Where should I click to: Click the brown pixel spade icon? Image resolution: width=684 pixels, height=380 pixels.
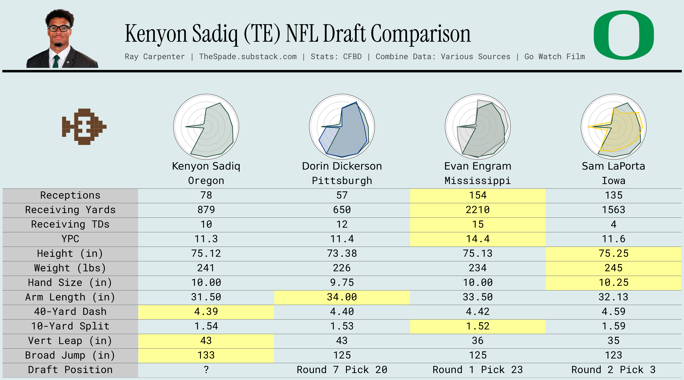[84, 127]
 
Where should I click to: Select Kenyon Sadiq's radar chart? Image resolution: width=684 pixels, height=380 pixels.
[206, 127]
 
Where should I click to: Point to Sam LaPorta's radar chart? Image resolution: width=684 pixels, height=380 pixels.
[613, 127]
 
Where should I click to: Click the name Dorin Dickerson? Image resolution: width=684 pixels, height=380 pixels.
[342, 166]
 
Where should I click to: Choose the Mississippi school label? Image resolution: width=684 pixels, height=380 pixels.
[477, 181]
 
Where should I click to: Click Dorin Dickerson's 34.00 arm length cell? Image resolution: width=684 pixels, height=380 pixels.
[342, 297]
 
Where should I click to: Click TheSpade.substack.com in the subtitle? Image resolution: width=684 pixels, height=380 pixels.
[248, 57]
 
